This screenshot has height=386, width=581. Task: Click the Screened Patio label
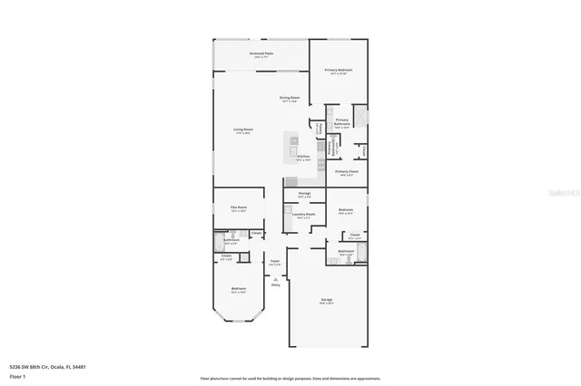(x=263, y=54)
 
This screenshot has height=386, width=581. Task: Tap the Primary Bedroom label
(x=339, y=71)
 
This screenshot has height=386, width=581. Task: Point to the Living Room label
(x=242, y=130)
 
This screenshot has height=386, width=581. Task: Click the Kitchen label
(x=303, y=157)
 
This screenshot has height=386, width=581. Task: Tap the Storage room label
(x=304, y=194)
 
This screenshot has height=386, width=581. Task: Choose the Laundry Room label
(x=303, y=216)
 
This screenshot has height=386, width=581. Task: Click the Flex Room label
(x=239, y=208)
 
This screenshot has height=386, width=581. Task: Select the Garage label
(x=327, y=299)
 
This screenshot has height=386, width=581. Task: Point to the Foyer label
(x=274, y=263)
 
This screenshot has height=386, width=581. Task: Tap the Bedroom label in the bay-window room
(x=238, y=290)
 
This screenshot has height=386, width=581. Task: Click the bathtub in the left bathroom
(x=220, y=243)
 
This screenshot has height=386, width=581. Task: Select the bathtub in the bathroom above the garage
(x=361, y=253)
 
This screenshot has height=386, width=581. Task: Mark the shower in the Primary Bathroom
(x=361, y=116)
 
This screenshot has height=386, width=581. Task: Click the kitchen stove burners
(x=294, y=140)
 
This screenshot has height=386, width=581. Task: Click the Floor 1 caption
(x=16, y=375)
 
